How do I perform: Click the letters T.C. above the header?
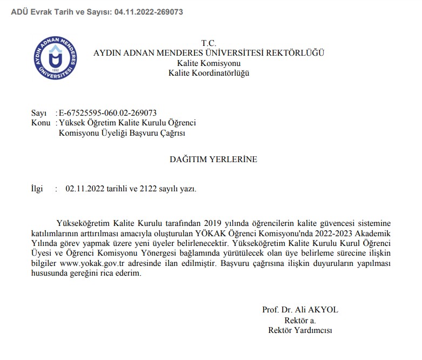pyautogui.click(x=209, y=43)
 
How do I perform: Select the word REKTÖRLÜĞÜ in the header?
pyautogui.click(x=297, y=53)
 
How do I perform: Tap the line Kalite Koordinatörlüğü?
pyautogui.click(x=209, y=73)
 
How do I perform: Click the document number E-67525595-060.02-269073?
pyautogui.click(x=108, y=113)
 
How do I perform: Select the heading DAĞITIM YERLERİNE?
pyautogui.click(x=213, y=159)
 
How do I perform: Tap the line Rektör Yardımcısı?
pyautogui.click(x=300, y=330)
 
